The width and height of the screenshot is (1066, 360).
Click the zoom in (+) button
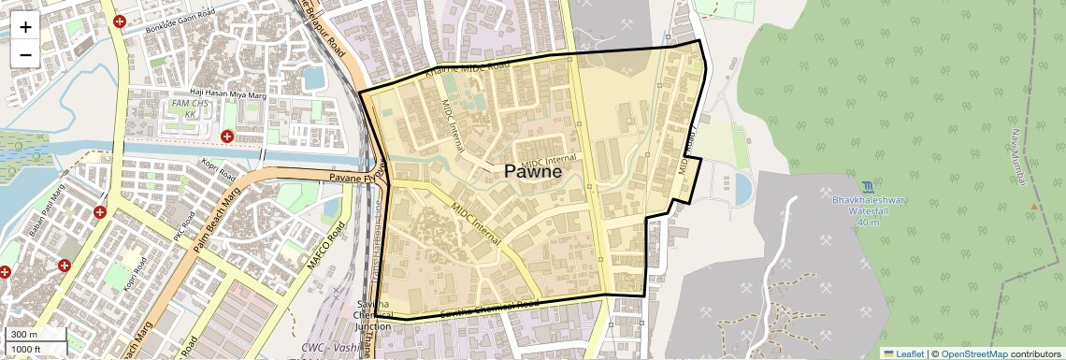click(25, 27)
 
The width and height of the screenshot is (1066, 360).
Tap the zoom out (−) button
click(25, 54)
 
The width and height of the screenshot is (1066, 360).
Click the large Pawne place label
click(533, 171)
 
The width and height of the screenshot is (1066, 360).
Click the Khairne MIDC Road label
click(467, 66)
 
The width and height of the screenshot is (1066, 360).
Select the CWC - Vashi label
click(331, 348)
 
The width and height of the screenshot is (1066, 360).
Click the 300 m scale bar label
click(25, 334)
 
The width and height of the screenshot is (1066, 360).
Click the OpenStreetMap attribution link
click(973, 353)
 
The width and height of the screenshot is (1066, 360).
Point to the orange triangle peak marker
click(1033, 206)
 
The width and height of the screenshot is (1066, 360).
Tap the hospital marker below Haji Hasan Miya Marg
click(226, 137)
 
